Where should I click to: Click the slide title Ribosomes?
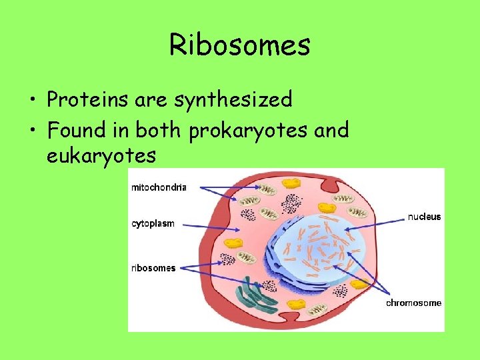[x=239, y=45]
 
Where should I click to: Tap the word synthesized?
[x=233, y=100]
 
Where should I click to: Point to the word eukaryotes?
[x=101, y=156]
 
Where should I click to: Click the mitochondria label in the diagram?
[x=159, y=187]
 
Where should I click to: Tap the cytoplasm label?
[x=153, y=224]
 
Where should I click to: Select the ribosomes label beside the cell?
[x=153, y=268]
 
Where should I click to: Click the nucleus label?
[x=424, y=217]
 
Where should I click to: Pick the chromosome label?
[x=413, y=303]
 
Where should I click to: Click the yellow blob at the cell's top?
[x=291, y=181]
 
